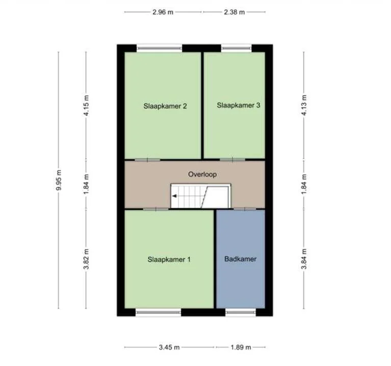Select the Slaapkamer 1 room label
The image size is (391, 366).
(169, 259)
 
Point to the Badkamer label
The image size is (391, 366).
(240, 259)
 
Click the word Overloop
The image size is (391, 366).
(202, 174)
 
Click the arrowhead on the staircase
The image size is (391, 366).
(174, 195)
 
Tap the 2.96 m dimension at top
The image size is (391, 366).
(163, 12)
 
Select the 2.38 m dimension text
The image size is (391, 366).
(234, 12)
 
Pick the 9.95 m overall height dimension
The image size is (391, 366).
(59, 180)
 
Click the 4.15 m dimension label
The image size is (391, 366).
(87, 107)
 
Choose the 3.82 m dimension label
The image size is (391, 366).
(87, 258)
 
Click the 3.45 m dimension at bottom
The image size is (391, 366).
(169, 348)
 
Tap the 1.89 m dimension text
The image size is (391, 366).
(241, 348)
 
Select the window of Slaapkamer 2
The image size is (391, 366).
(160, 48)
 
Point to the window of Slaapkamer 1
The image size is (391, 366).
(159, 312)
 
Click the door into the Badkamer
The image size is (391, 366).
(245, 209)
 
